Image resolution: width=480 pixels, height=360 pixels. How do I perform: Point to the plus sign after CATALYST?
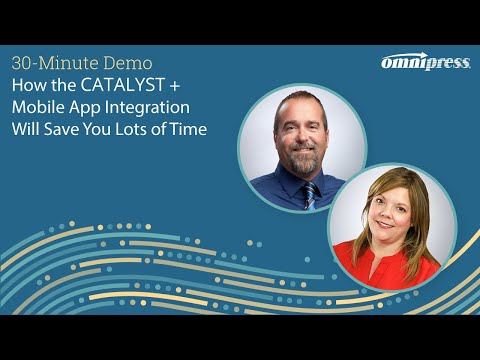point(187,85)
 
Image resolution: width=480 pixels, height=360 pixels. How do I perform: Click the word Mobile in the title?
point(40,107)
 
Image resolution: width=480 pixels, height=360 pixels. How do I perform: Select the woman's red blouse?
point(384,272)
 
